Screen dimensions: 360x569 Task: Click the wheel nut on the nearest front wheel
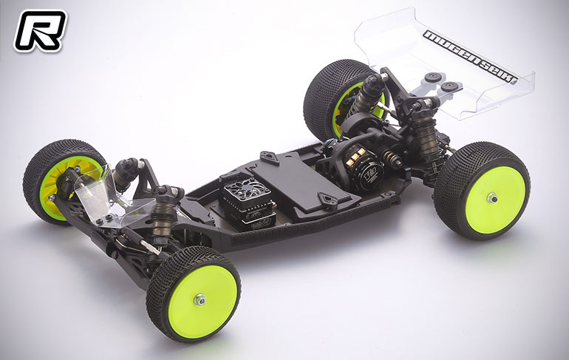coord(200,299)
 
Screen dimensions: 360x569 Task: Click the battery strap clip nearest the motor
coord(327,197)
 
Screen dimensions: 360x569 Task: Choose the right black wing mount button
coord(449,87)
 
